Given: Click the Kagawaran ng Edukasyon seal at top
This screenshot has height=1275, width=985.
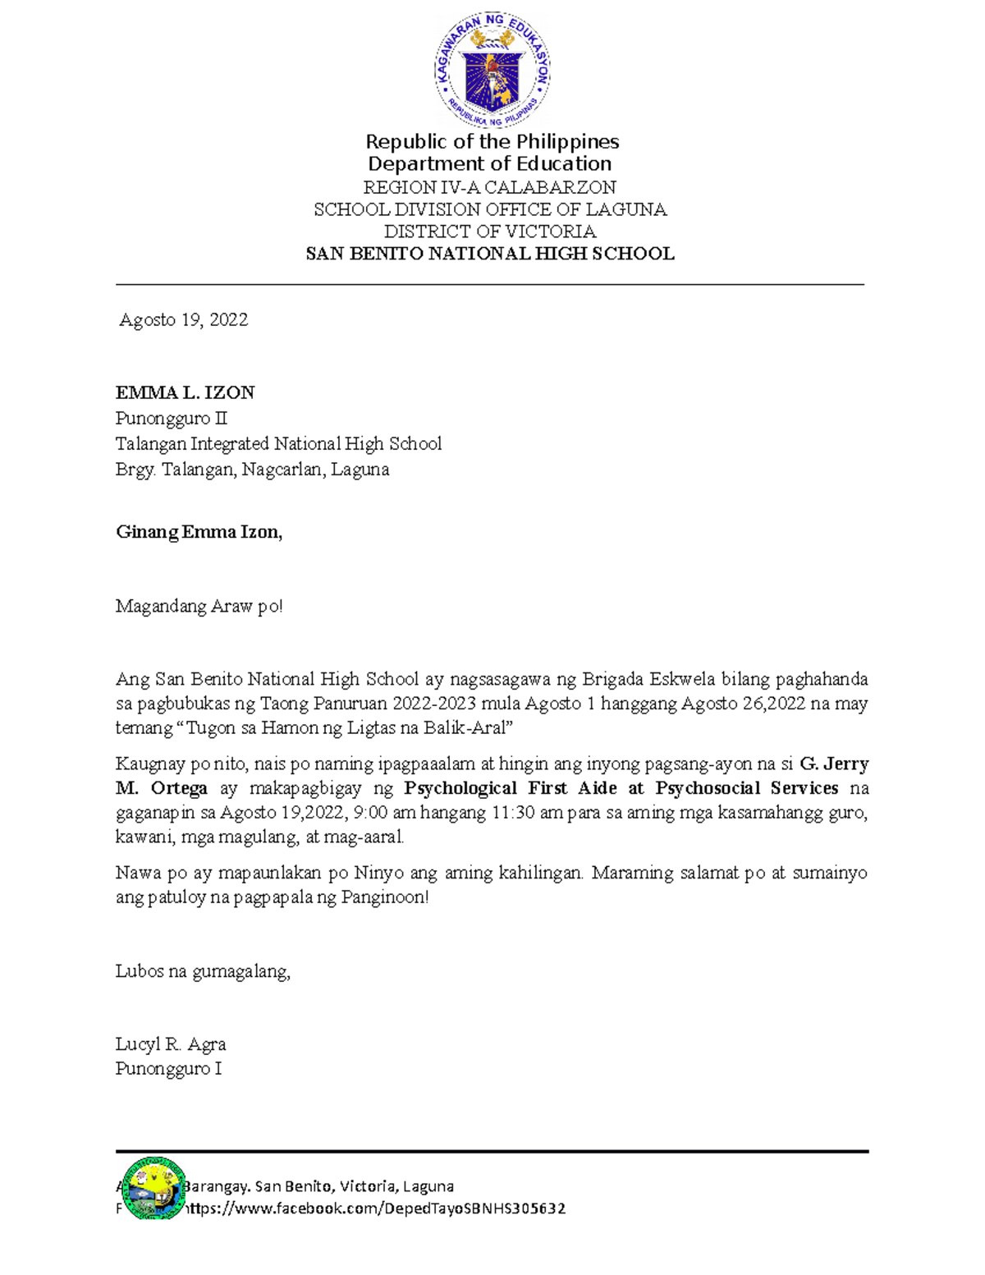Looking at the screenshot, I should pyautogui.click(x=492, y=70).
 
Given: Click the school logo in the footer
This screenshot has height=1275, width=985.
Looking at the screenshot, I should pyautogui.click(x=152, y=1188).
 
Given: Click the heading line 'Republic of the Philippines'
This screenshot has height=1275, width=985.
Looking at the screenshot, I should pyautogui.click(x=492, y=141).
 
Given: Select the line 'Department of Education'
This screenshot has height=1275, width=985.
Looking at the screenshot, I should pyautogui.click(x=490, y=163).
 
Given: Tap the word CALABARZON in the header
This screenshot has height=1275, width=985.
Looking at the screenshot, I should pyautogui.click(x=550, y=187).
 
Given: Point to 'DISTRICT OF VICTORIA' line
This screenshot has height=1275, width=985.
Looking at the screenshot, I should pyautogui.click(x=490, y=232).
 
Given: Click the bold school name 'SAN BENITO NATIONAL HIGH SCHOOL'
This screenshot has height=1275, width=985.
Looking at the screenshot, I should pyautogui.click(x=490, y=254).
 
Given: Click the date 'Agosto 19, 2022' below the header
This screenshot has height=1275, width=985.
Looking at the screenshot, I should pyautogui.click(x=184, y=320).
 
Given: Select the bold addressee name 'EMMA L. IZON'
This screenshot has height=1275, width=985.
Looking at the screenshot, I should pyautogui.click(x=185, y=392).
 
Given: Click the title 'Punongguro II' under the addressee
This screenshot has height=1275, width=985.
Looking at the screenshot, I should pyautogui.click(x=171, y=419).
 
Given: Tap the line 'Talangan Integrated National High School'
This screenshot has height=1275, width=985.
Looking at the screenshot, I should pyautogui.click(x=278, y=444).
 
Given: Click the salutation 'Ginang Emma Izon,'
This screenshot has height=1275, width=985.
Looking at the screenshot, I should pyautogui.click(x=199, y=532).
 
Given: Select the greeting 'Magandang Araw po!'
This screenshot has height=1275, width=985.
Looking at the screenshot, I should pyautogui.click(x=199, y=607).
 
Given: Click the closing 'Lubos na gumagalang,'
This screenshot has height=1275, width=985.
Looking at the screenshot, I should pyautogui.click(x=203, y=972).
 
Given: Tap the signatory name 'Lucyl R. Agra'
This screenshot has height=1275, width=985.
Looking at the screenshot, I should pyautogui.click(x=171, y=1044).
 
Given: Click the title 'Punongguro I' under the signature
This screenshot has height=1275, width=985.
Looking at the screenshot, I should pyautogui.click(x=168, y=1069).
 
